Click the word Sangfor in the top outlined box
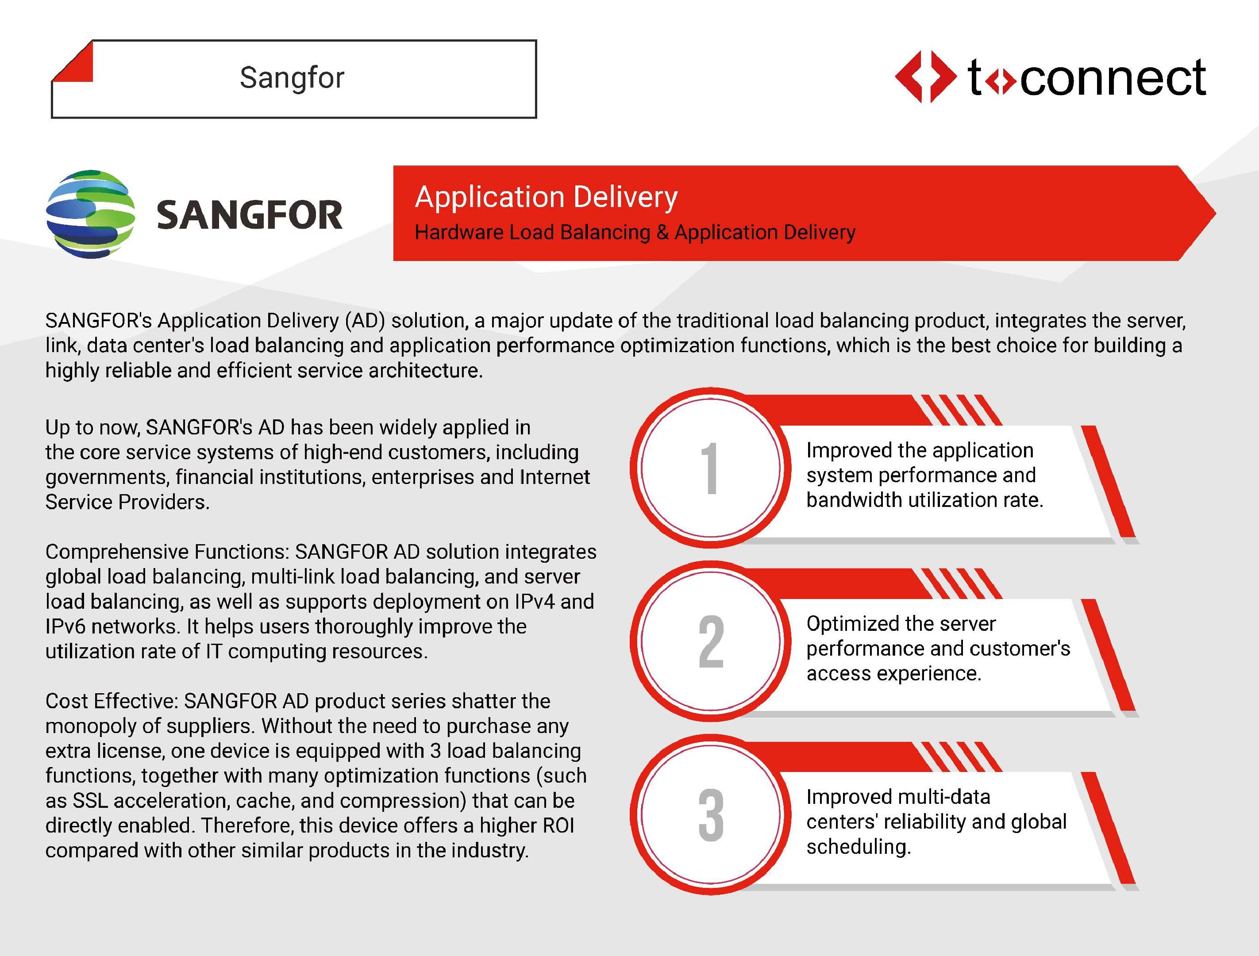(292, 77)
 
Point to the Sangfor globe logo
(91, 214)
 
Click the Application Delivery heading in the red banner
(547, 197)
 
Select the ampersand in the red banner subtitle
(662, 232)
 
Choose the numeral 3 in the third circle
(711, 815)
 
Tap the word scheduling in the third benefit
(859, 847)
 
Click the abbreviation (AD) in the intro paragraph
(365, 321)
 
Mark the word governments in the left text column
(108, 477)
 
